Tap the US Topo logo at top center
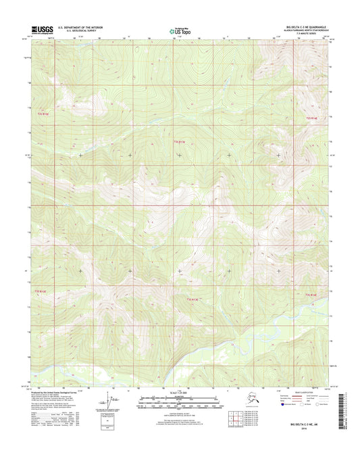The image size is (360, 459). [180, 30]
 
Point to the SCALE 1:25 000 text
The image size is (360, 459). [179, 393]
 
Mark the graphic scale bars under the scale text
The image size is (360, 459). [179, 403]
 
